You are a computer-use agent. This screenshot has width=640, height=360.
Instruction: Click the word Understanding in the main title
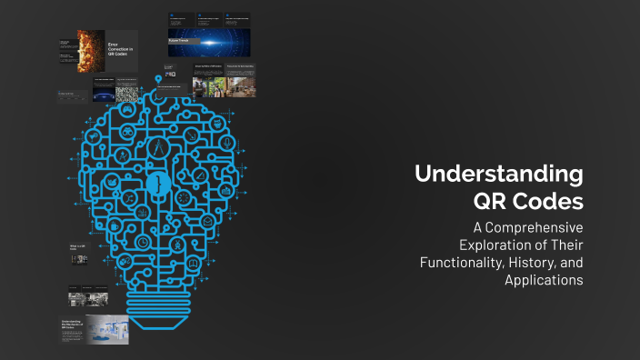(x=499, y=174)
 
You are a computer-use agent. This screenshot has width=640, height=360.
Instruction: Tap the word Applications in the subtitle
(x=544, y=280)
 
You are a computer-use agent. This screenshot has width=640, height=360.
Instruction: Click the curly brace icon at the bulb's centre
(x=159, y=184)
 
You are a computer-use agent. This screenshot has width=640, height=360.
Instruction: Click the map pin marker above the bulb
(x=159, y=81)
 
